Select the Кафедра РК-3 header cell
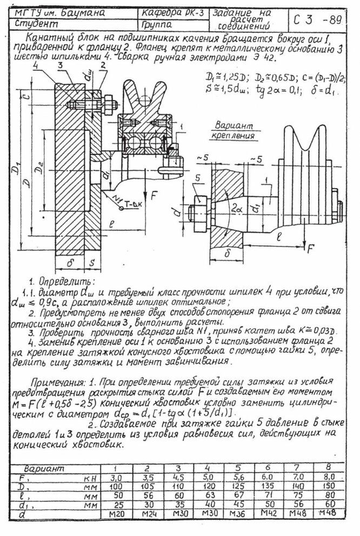(x=172, y=13)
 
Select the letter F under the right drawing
(x=311, y=249)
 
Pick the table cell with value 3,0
(x=115, y=478)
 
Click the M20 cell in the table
(x=115, y=513)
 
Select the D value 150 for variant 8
(x=326, y=487)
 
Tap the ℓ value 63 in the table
(x=208, y=495)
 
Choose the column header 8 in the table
(x=326, y=468)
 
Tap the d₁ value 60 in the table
(x=326, y=504)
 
